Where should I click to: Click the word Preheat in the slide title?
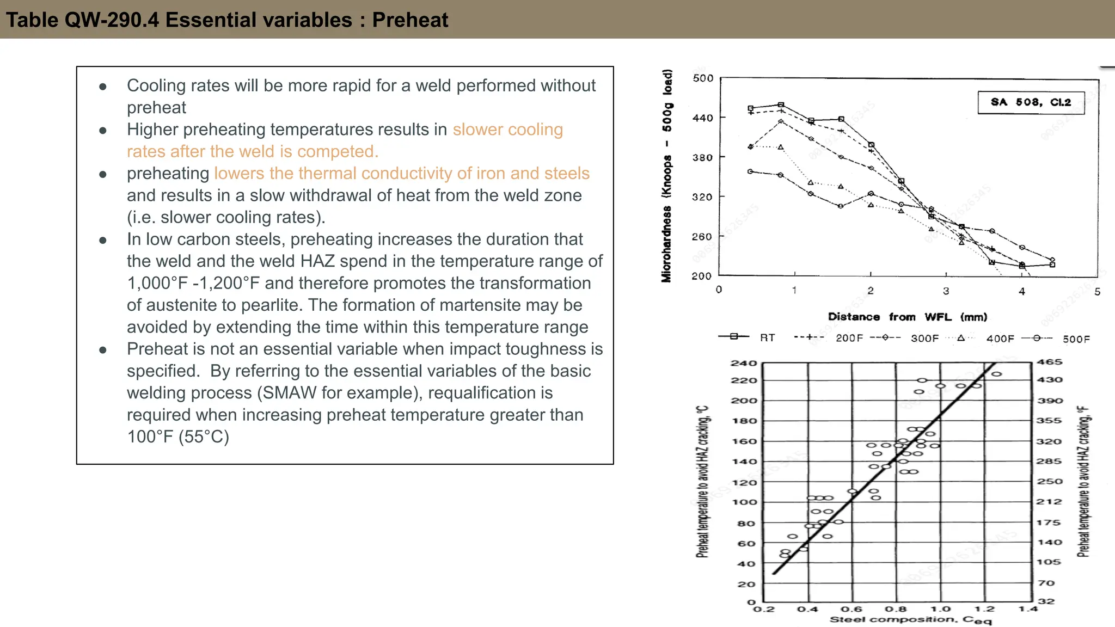pos(410,20)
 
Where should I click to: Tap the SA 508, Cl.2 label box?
pos(1031,102)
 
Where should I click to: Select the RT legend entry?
pos(767,338)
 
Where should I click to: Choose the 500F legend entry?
pos(1076,339)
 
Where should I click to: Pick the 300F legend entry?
pos(924,339)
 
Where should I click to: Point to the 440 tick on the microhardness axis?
pos(702,118)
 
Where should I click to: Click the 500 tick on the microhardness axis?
pos(703,78)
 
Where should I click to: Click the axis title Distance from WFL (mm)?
pos(907,317)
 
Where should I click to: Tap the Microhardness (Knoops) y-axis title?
pos(667,176)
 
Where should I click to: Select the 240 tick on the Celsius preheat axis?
pos(743,363)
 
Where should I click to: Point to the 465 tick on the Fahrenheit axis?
pos(1049,362)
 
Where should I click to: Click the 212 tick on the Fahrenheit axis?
pos(1049,501)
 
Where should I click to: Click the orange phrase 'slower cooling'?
pos(507,130)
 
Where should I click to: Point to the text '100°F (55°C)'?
pos(178,437)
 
